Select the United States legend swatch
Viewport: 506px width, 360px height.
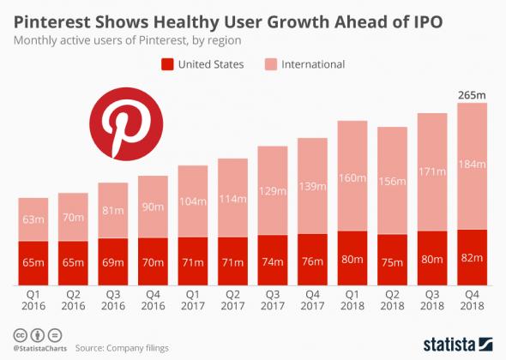pyautogui.click(x=168, y=63)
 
